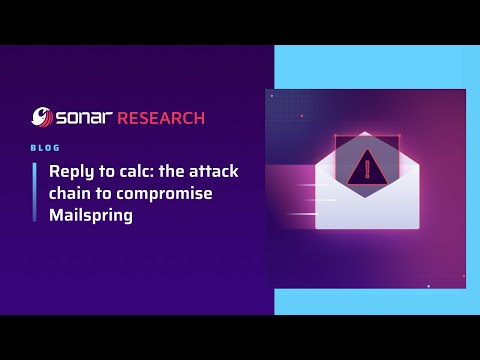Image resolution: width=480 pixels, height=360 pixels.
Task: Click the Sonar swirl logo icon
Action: tap(43, 118)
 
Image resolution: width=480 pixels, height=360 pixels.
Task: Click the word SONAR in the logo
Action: tap(84, 118)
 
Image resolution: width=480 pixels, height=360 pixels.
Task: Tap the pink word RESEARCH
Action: tap(161, 118)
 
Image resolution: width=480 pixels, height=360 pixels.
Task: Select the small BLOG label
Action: tap(45, 146)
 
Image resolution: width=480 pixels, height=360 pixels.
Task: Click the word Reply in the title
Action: tap(72, 172)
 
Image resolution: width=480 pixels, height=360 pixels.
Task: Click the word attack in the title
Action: tap(213, 172)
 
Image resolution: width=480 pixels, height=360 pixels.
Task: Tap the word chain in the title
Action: tap(72, 193)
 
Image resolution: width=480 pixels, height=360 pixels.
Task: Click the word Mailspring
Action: tap(92, 214)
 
